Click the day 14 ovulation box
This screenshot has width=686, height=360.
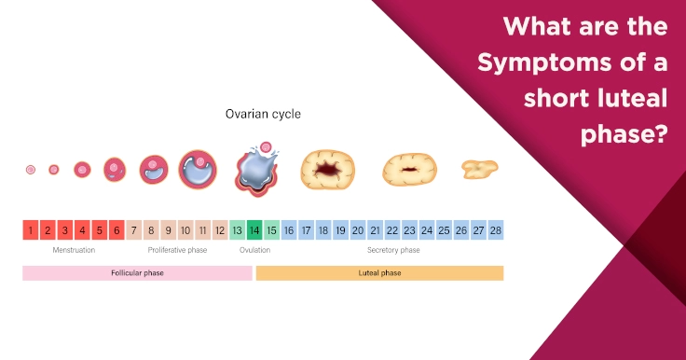254,230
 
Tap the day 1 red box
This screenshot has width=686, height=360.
31,230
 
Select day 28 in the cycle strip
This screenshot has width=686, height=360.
495,230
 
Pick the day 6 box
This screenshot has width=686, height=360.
117,230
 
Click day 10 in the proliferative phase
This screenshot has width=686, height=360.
185,230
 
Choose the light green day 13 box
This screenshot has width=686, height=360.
238,230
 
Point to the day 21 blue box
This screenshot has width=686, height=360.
375,230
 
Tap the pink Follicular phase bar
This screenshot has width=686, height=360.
137,273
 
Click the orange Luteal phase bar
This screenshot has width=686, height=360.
379,273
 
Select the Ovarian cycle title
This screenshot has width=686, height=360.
263,115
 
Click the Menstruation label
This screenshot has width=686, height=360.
74,250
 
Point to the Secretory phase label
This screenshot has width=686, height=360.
392,250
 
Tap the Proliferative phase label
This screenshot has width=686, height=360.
177,250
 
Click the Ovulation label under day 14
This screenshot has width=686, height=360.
254,250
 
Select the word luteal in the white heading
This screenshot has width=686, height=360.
622,98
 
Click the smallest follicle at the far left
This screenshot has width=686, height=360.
31,170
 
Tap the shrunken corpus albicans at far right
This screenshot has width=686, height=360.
479,169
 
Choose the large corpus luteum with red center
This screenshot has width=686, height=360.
327,170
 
